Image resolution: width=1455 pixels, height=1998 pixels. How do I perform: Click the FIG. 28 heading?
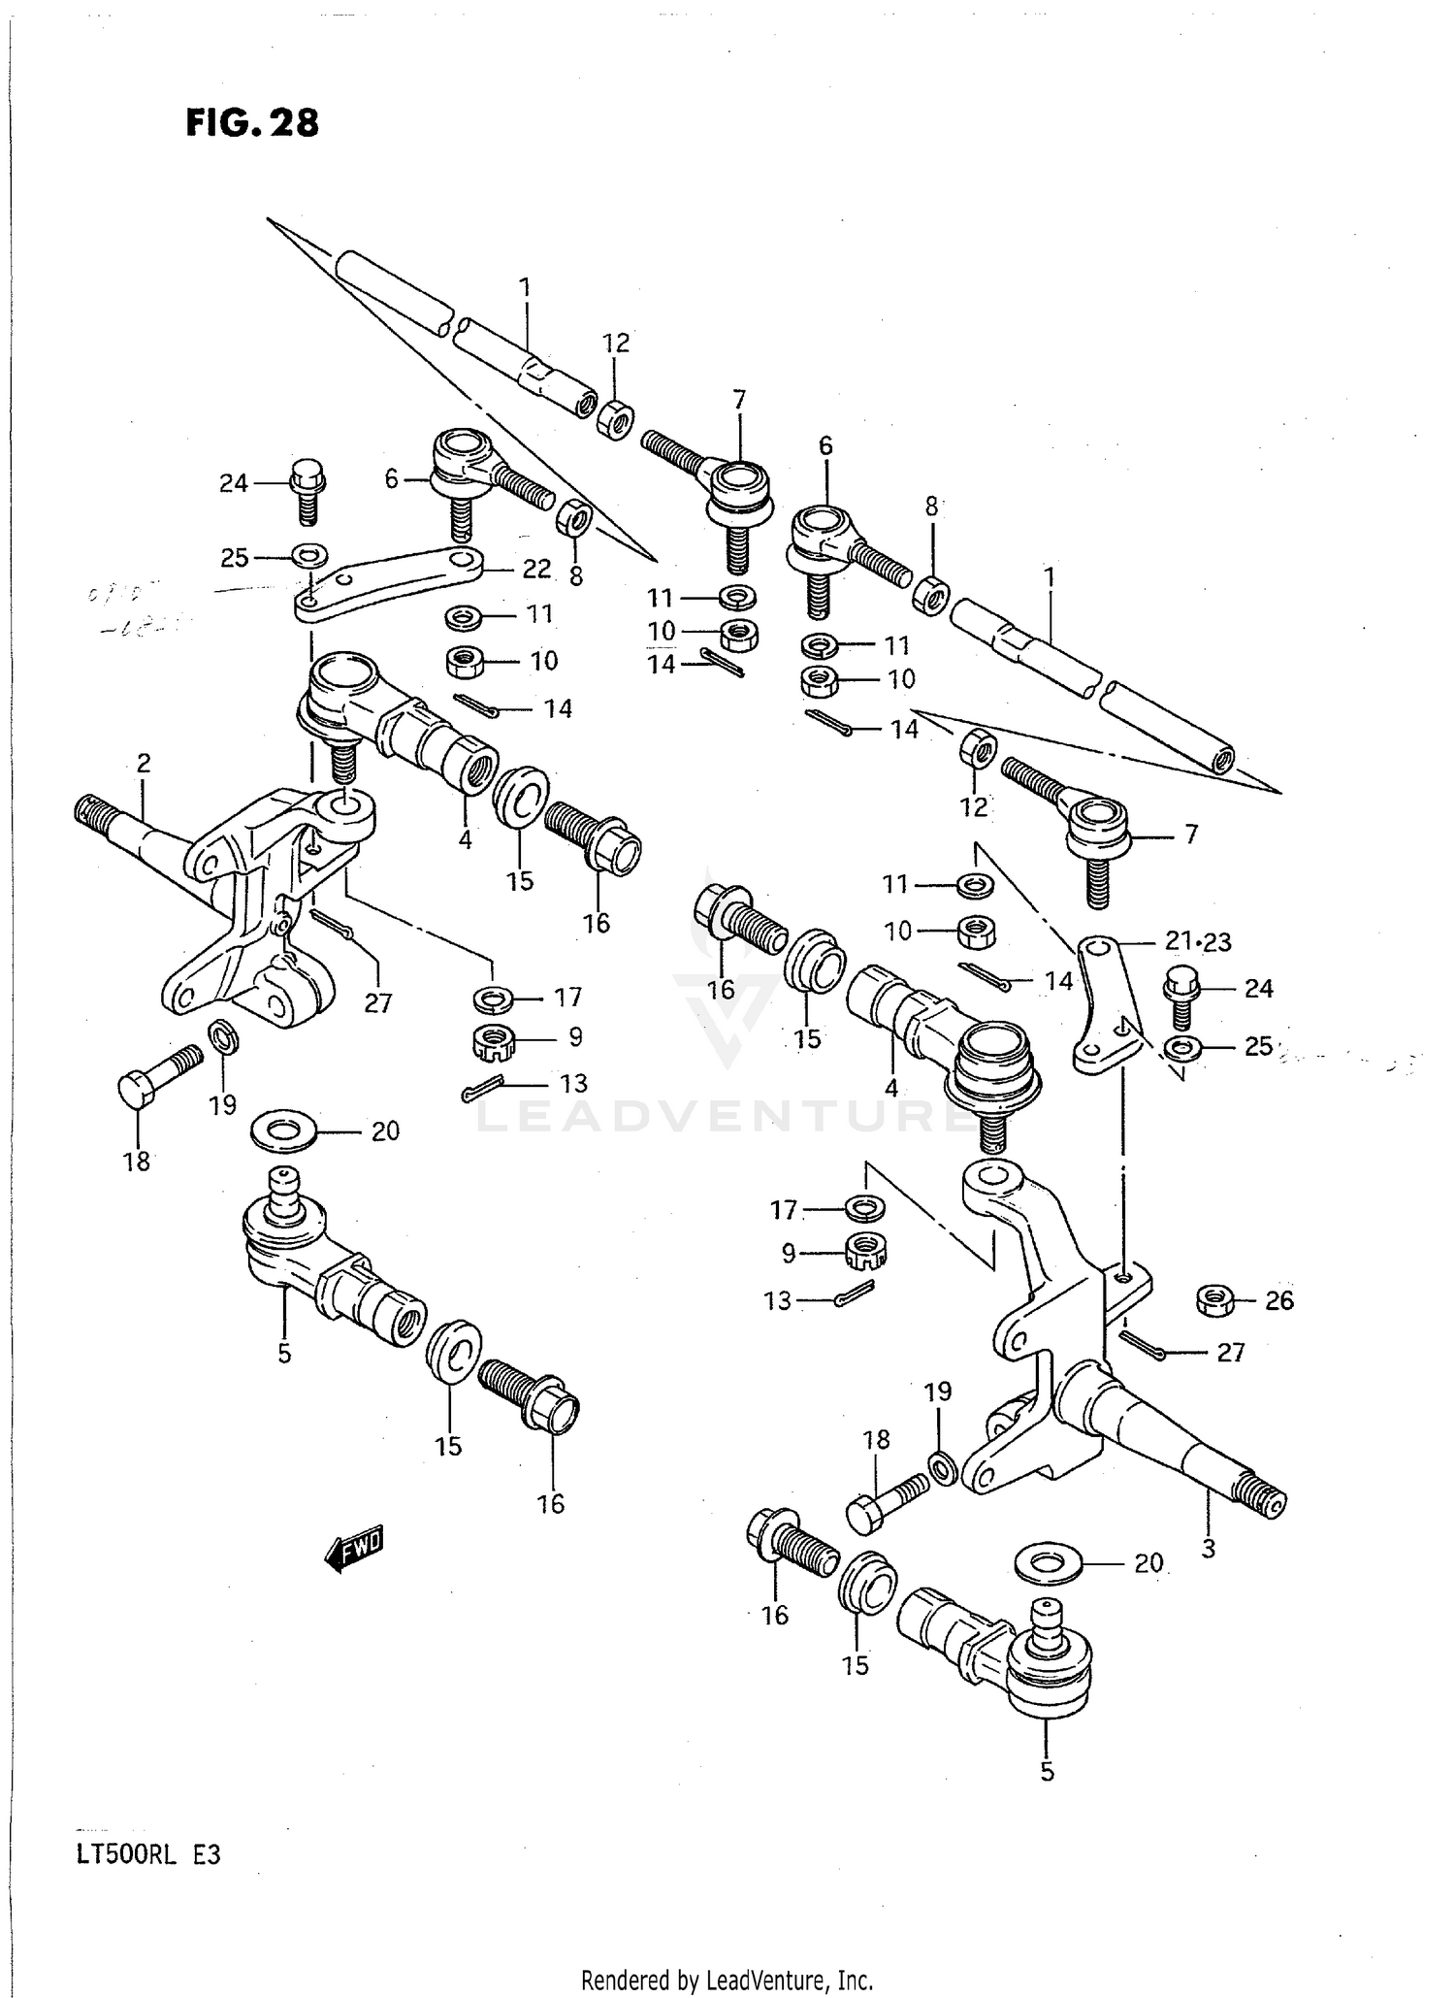[252, 123]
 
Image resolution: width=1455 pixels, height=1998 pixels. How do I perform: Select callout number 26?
[1278, 1300]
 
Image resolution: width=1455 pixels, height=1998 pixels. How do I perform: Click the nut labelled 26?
[1214, 1299]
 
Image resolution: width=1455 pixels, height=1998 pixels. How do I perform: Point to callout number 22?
[536, 570]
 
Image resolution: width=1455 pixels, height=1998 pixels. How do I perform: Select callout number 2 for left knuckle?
[144, 764]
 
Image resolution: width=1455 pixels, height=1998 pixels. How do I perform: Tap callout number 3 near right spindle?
[1208, 1550]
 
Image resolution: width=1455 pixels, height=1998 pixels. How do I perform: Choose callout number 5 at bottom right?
[1047, 1772]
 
